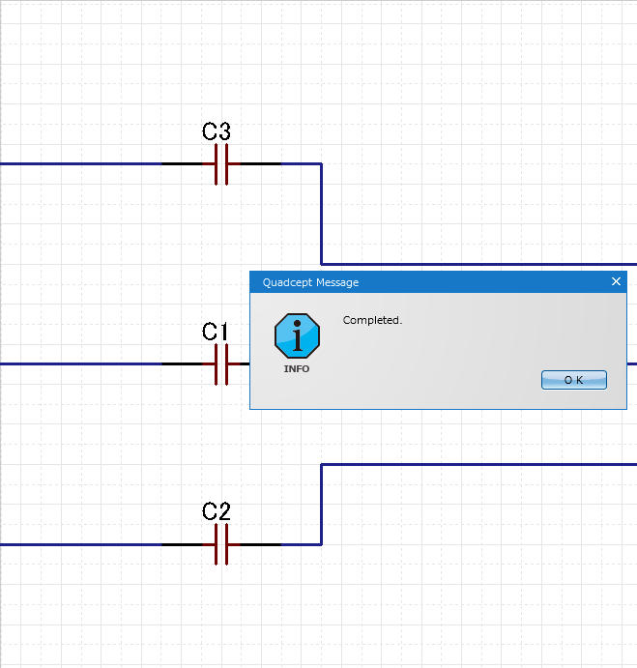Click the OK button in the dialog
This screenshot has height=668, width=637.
click(x=573, y=380)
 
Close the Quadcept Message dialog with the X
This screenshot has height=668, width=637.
click(x=617, y=282)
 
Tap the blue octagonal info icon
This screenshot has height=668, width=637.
click(x=297, y=336)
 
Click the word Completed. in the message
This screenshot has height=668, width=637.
click(x=372, y=320)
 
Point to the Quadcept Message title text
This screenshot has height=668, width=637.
click(x=310, y=282)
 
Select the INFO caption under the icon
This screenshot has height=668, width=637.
click(x=297, y=369)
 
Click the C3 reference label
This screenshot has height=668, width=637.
click(x=217, y=131)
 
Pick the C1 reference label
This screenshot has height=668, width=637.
click(x=216, y=332)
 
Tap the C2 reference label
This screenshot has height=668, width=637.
click(x=217, y=511)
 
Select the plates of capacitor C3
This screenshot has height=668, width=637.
click(x=221, y=164)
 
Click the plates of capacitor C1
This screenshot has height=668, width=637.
click(x=221, y=364)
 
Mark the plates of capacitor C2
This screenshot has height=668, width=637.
click(x=221, y=544)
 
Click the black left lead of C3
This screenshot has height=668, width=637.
click(x=188, y=164)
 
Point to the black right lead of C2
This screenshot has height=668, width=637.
click(x=255, y=544)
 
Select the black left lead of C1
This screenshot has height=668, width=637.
click(x=188, y=364)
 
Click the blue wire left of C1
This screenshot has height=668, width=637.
click(x=77, y=364)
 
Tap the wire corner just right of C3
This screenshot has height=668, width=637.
click(x=321, y=164)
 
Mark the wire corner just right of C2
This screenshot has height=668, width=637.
click(x=321, y=544)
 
